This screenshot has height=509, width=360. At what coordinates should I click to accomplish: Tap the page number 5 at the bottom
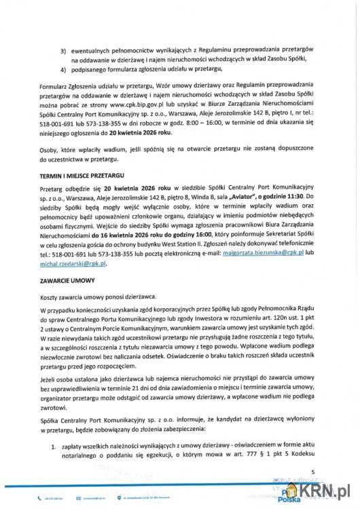(x=314, y=471)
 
